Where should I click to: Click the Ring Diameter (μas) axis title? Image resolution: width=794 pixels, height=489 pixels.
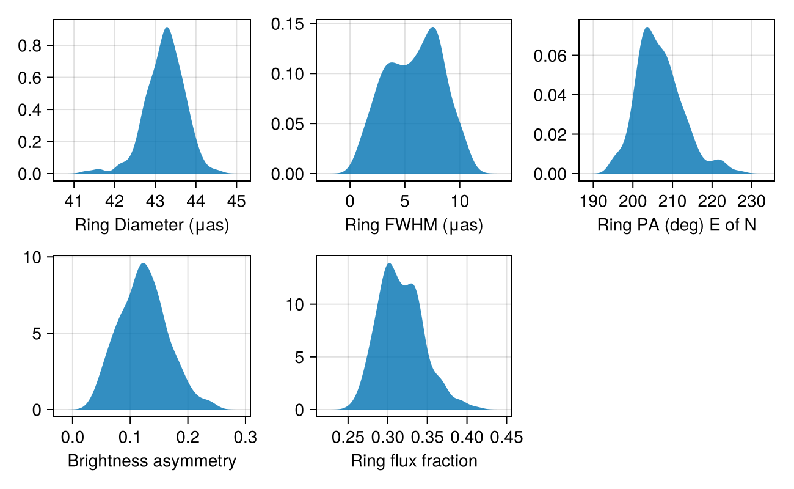click(x=151, y=226)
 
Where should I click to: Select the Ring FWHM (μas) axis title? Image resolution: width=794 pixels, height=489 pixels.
click(x=413, y=226)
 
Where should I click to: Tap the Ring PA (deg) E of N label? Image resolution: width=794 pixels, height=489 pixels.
click(x=676, y=226)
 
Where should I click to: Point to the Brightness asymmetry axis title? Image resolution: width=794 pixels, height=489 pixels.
click(x=151, y=461)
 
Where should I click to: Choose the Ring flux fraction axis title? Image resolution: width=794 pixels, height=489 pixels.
click(x=413, y=461)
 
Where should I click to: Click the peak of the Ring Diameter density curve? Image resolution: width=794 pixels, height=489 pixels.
click(x=166, y=28)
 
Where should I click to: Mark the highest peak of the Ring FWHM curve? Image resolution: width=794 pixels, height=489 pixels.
click(x=432, y=28)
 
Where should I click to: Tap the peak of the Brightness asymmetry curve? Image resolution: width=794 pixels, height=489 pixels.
click(x=143, y=263)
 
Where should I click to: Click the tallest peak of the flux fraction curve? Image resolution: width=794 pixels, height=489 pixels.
click(x=389, y=263)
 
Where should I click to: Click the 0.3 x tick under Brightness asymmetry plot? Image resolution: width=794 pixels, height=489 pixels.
click(x=245, y=438)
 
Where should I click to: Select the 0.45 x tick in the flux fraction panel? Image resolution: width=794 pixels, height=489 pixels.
click(x=506, y=438)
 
